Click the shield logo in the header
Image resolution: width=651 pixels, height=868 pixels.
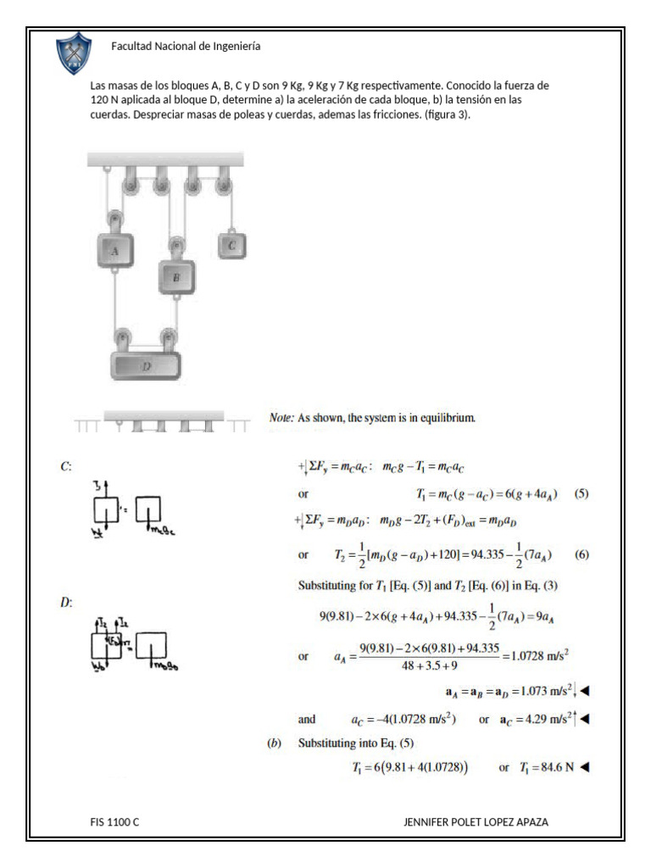click(74, 53)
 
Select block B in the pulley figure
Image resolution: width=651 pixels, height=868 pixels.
click(176, 276)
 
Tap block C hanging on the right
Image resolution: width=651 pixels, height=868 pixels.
click(231, 246)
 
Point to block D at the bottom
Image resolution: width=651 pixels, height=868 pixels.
click(146, 364)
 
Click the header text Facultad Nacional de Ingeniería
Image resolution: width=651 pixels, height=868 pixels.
click(186, 47)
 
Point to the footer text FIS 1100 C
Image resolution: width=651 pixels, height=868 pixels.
click(114, 822)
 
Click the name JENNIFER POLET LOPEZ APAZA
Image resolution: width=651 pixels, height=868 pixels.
click(481, 822)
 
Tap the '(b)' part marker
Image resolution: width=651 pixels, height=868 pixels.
click(275, 743)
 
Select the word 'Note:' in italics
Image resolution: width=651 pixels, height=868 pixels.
click(281, 418)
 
